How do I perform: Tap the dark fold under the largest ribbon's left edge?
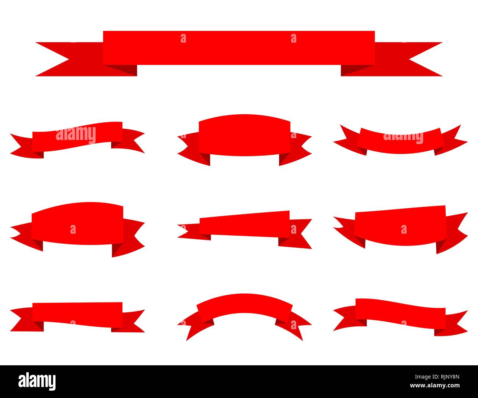tap(121, 70)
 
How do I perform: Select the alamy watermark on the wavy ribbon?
tap(76, 135)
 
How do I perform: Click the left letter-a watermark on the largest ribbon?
tap(183, 38)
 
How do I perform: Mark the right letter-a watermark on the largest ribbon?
tap(293, 38)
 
